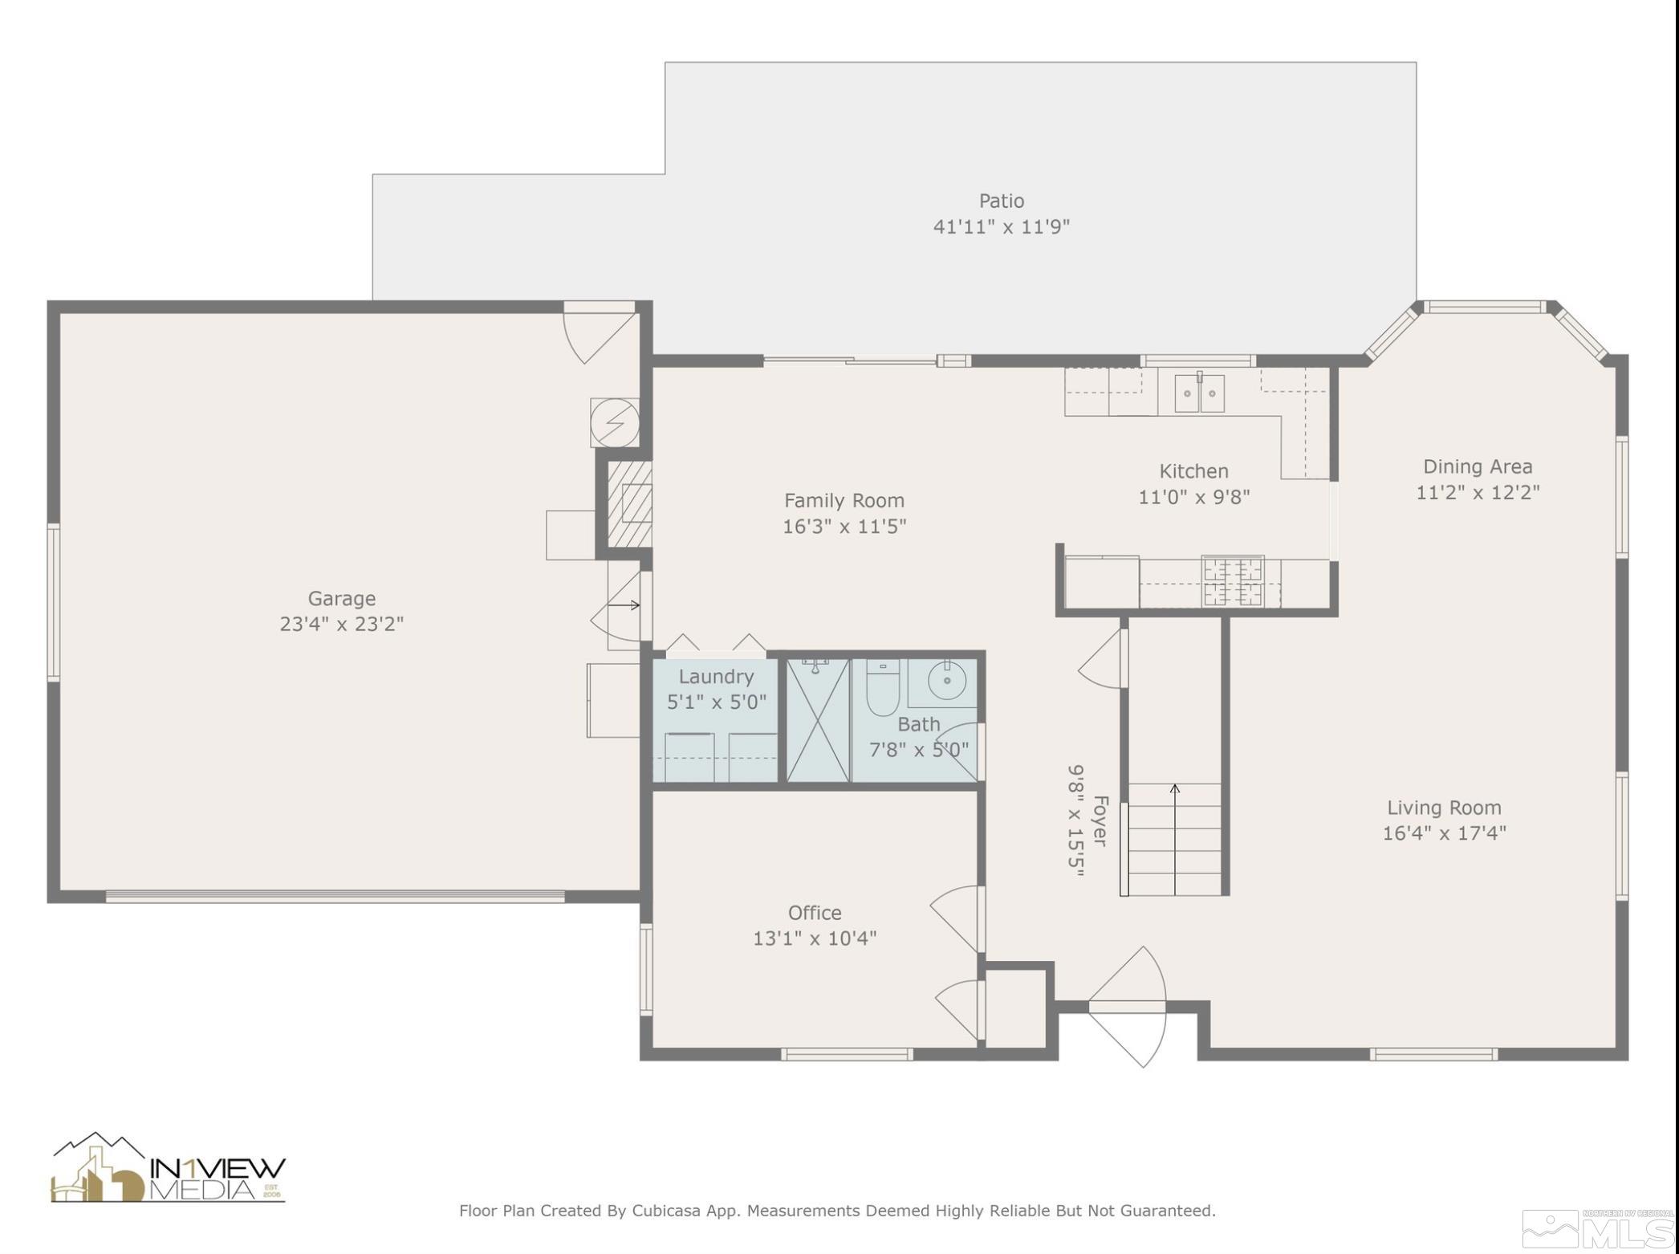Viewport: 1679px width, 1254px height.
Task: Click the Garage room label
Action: pyautogui.click(x=341, y=598)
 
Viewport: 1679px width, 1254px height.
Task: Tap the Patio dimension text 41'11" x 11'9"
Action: pyautogui.click(x=1001, y=226)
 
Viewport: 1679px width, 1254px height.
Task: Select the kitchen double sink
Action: pyautogui.click(x=1199, y=393)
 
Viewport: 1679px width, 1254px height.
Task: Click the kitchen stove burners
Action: pyautogui.click(x=1233, y=581)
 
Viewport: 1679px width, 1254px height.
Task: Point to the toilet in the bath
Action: pyautogui.click(x=882, y=687)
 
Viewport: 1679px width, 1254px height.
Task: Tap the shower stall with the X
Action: pyautogui.click(x=818, y=720)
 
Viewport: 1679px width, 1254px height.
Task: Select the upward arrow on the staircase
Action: pyautogui.click(x=1175, y=839)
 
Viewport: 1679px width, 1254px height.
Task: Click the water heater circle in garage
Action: pyautogui.click(x=615, y=422)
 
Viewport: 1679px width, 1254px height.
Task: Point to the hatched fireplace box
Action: pyautogui.click(x=629, y=503)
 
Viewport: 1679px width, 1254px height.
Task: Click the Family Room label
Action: pyautogui.click(x=844, y=500)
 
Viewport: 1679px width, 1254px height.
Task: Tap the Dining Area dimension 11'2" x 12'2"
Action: pyautogui.click(x=1478, y=492)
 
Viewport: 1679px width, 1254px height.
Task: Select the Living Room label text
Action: pyautogui.click(x=1444, y=808)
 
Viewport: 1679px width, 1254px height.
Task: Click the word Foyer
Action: pyautogui.click(x=1100, y=820)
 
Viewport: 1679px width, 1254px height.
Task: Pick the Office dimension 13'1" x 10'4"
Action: pyautogui.click(x=815, y=938)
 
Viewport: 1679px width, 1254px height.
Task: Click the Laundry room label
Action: pyautogui.click(x=716, y=677)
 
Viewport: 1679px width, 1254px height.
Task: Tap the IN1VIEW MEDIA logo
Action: pyautogui.click(x=169, y=1168)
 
